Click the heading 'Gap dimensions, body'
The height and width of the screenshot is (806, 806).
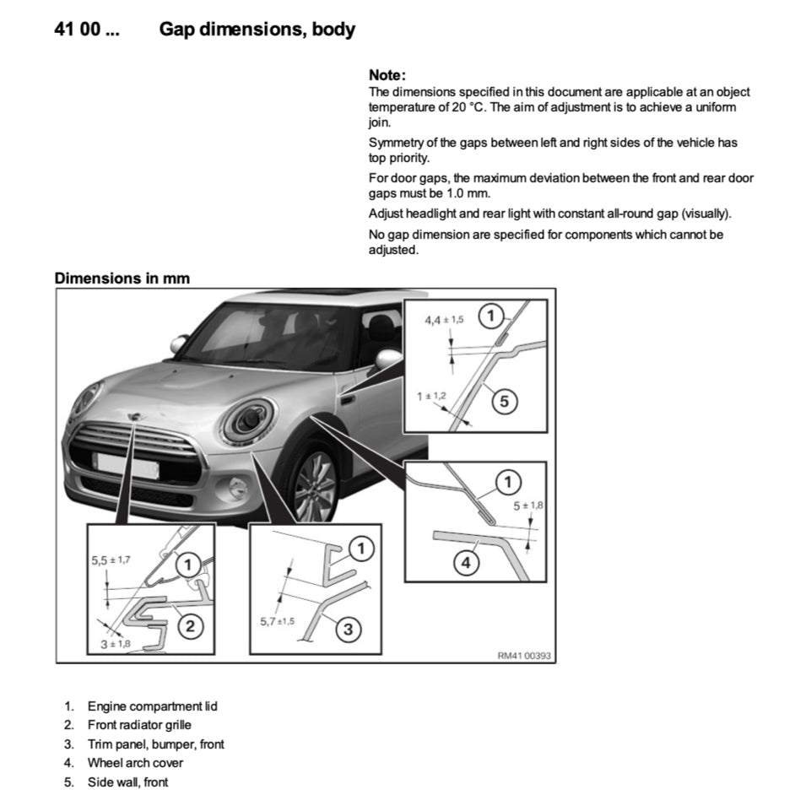pyautogui.click(x=257, y=30)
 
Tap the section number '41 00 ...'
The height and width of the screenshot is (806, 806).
pyautogui.click(x=86, y=30)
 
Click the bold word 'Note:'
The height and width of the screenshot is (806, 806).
pyautogui.click(x=387, y=75)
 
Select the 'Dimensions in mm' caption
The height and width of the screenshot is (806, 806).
pyautogui.click(x=122, y=278)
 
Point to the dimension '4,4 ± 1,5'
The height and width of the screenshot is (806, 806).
pyautogui.click(x=444, y=320)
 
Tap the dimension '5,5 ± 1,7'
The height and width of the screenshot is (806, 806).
pyautogui.click(x=111, y=559)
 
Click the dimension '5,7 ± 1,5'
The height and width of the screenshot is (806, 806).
pyautogui.click(x=277, y=621)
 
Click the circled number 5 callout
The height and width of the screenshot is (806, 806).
pyautogui.click(x=504, y=402)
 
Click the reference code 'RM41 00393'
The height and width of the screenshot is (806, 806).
pyautogui.click(x=524, y=655)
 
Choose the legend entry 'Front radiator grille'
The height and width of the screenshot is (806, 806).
pyautogui.click(x=139, y=724)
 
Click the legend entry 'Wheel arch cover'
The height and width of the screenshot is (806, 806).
pyautogui.click(x=135, y=763)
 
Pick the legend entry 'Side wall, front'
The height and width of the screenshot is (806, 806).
pyautogui.click(x=127, y=782)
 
